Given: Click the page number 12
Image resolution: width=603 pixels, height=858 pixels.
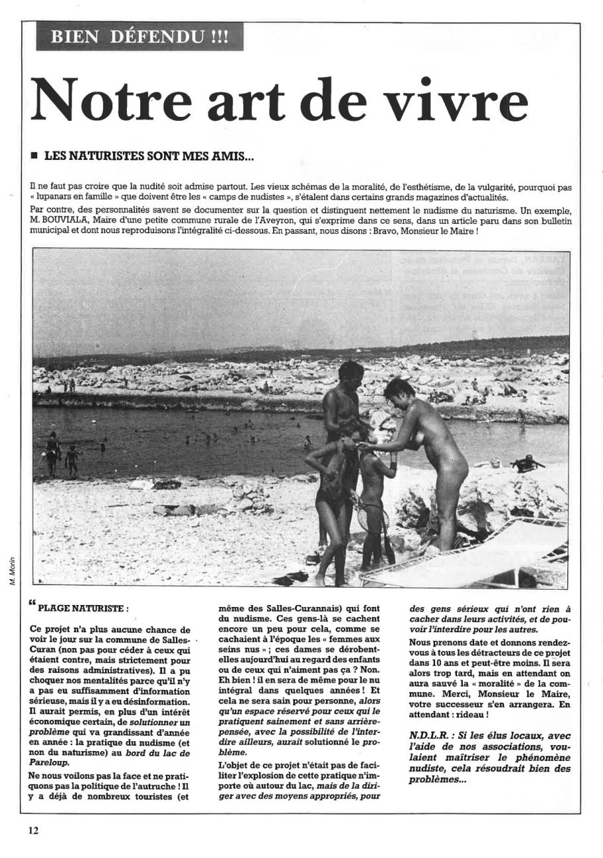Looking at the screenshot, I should (34, 831).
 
